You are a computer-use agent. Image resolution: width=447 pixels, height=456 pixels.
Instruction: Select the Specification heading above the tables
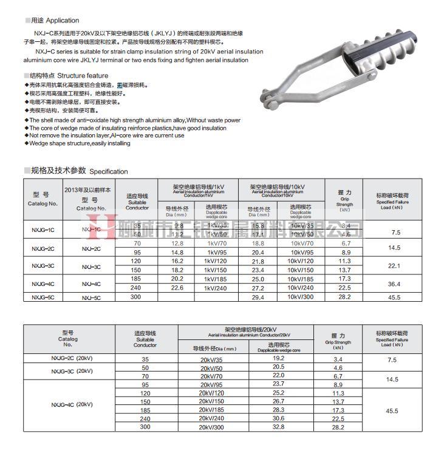point(109,171)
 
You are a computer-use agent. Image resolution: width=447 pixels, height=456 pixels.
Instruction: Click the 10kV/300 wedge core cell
point(301,297)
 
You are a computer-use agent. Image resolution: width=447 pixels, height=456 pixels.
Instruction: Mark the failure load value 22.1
point(396,265)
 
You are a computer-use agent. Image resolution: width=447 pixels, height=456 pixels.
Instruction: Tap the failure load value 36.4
point(396,283)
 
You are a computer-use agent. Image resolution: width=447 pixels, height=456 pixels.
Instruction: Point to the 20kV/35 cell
point(211,359)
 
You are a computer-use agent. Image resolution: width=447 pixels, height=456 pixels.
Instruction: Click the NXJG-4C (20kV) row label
point(72,404)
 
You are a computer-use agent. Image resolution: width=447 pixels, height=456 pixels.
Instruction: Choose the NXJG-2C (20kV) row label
point(72,359)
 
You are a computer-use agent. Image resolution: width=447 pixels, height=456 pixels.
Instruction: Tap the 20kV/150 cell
point(211,402)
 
